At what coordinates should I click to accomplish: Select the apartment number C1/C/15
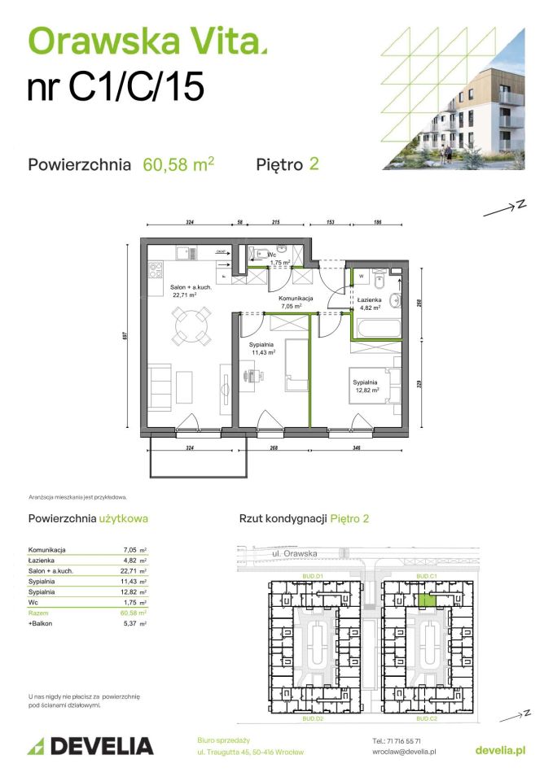tap(115, 87)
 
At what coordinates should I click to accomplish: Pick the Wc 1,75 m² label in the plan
tap(282, 259)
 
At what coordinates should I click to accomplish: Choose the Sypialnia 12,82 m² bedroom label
tap(368, 386)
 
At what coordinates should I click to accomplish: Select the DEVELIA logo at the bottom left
tap(90, 745)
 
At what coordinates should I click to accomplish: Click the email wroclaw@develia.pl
tap(401, 753)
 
